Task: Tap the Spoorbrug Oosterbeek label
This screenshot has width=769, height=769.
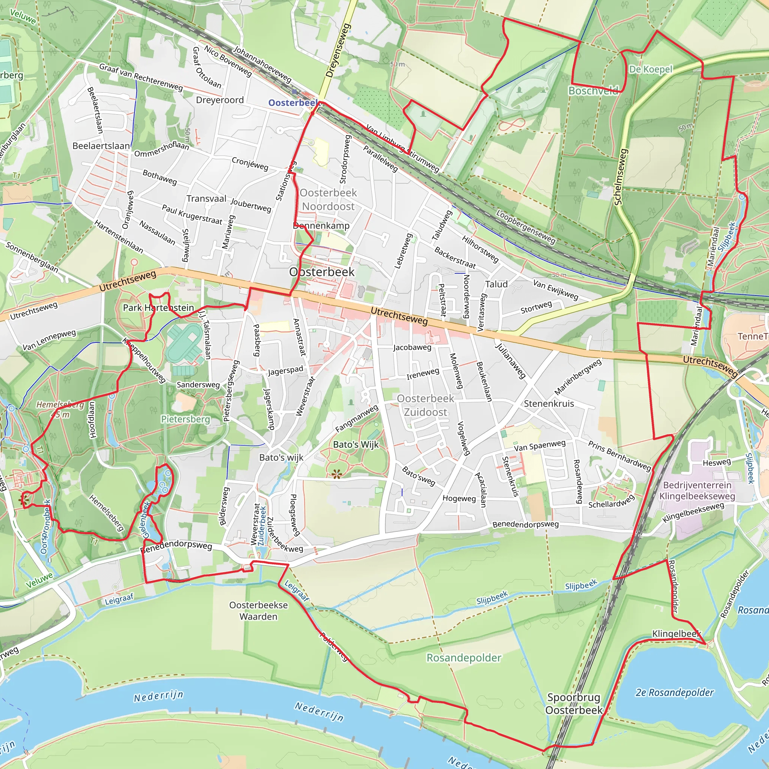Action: tap(574, 703)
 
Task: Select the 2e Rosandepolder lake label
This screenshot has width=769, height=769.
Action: tap(674, 692)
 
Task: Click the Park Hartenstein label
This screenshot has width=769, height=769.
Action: tap(158, 308)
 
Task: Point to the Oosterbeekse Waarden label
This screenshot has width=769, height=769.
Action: tap(258, 611)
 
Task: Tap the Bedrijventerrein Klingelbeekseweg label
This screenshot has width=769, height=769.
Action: tap(697, 490)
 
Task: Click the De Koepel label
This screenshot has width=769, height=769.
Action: tap(650, 69)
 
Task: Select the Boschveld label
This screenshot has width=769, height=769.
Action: tap(593, 91)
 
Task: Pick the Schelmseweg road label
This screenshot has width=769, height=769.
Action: tap(621, 177)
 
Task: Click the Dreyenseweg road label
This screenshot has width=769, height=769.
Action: tap(338, 50)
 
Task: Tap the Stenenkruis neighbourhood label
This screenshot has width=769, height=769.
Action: tap(549, 404)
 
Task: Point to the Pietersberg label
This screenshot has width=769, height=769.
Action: tap(185, 419)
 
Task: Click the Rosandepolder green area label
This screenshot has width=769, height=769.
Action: tap(464, 657)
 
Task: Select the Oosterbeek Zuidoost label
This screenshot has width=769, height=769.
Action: tap(425, 405)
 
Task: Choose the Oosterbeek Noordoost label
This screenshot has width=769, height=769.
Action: tap(329, 199)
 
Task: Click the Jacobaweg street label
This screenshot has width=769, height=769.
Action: tap(412, 347)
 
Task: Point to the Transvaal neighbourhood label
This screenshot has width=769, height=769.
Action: tap(206, 199)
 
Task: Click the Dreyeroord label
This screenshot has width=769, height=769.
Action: tap(220, 100)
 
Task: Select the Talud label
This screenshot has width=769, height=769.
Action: tap(496, 284)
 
